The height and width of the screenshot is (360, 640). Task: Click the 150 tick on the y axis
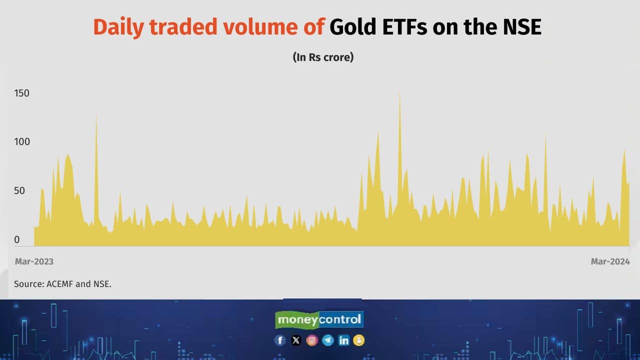pyautogui.click(x=21, y=93)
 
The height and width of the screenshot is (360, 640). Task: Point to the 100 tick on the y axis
pyautogui.click(x=22, y=141)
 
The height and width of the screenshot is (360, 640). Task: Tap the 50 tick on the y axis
pyautogui.click(x=19, y=190)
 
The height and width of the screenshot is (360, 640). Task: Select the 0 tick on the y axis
pyautogui.click(x=17, y=239)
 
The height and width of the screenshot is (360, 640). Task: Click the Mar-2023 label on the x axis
pyautogui.click(x=34, y=261)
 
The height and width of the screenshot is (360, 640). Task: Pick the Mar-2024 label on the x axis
pyautogui.click(x=610, y=261)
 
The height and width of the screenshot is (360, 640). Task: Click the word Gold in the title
pyautogui.click(x=353, y=27)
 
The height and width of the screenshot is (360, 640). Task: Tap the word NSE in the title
pyautogui.click(x=522, y=27)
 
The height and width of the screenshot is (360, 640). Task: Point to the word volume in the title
pyautogui.click(x=260, y=27)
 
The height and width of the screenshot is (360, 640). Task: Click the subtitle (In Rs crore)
pyautogui.click(x=323, y=57)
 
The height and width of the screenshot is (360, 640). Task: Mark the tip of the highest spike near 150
pyautogui.click(x=399, y=91)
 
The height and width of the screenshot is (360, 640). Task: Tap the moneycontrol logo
pyautogui.click(x=319, y=319)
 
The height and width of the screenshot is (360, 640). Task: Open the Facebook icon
pyautogui.click(x=280, y=340)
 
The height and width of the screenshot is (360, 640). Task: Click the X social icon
pyautogui.click(x=296, y=340)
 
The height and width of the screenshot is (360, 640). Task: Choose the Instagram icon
pyautogui.click(x=312, y=340)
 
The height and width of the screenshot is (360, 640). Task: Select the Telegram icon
pyautogui.click(x=327, y=340)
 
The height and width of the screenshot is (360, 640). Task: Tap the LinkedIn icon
pyautogui.click(x=343, y=340)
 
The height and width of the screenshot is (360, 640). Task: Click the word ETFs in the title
pyautogui.click(x=404, y=27)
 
